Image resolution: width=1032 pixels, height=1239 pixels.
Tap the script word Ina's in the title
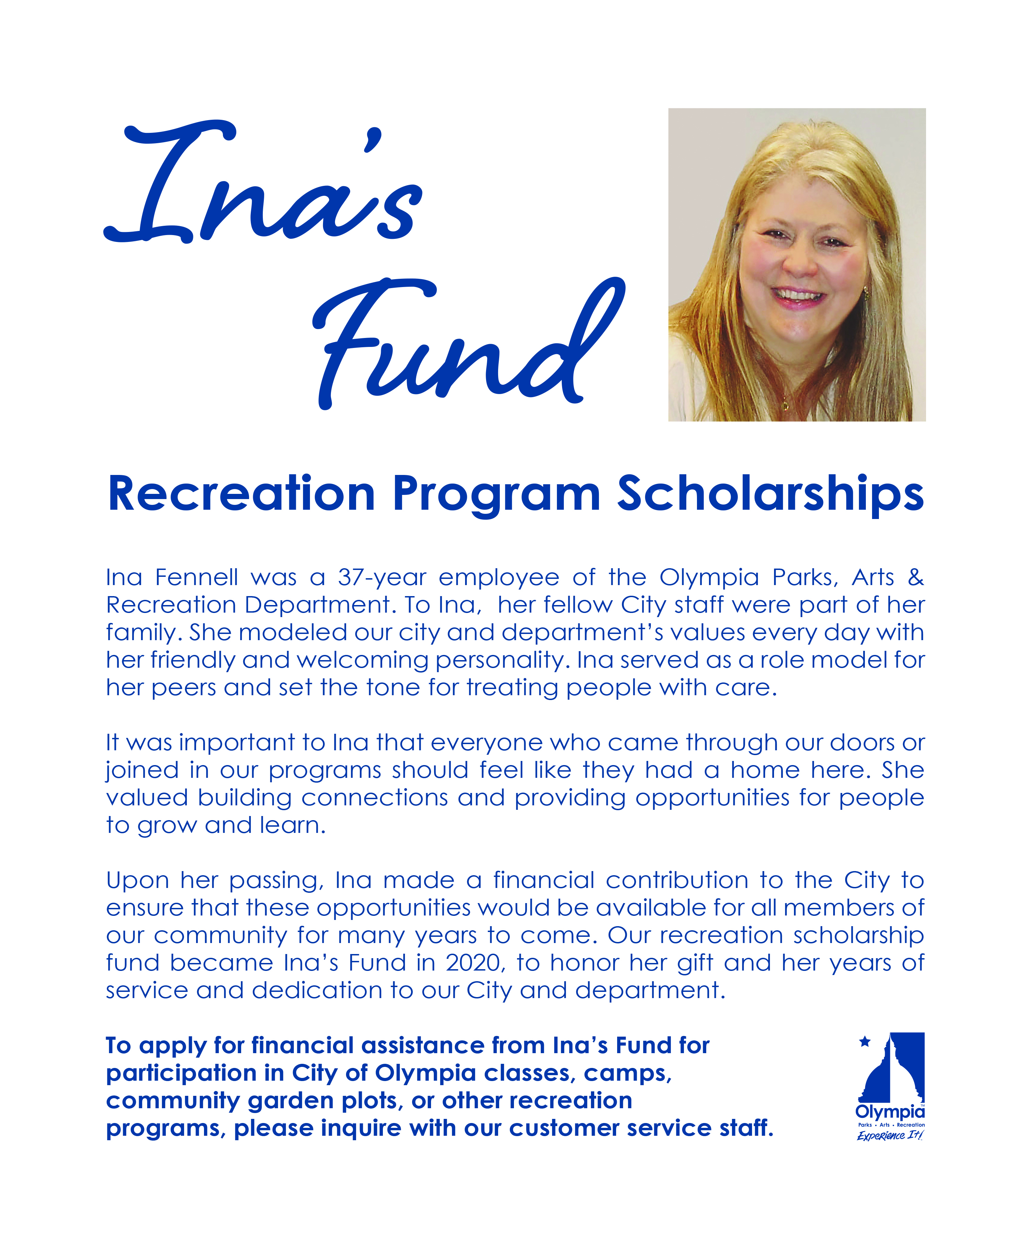click(x=265, y=189)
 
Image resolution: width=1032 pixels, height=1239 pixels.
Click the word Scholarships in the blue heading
click(x=770, y=495)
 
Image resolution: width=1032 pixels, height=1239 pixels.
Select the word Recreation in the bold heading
click(x=242, y=495)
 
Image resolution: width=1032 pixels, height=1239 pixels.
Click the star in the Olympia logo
click(x=864, y=1042)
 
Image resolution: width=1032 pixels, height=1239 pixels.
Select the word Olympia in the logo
click(x=890, y=1112)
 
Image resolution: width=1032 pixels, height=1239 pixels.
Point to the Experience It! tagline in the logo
click(x=890, y=1136)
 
